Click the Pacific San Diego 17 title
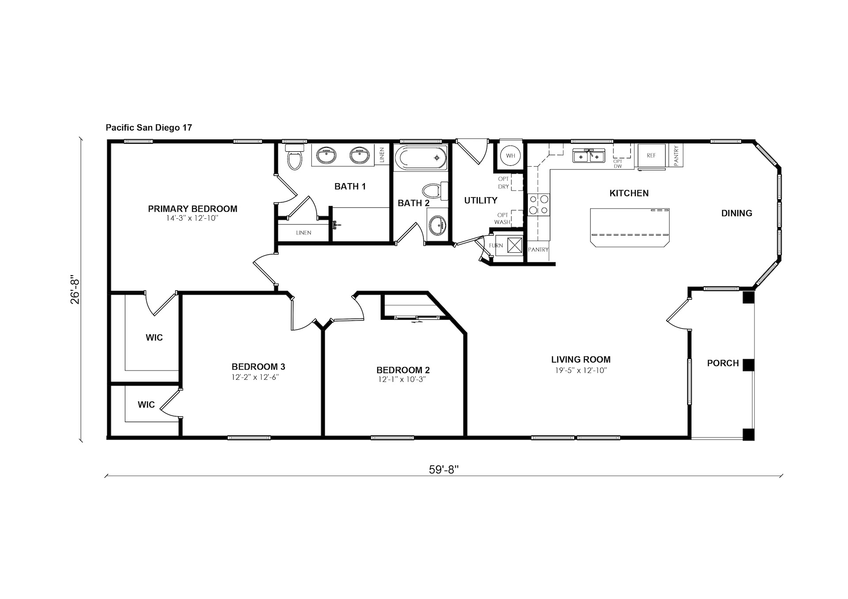[x=149, y=127]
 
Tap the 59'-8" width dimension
[x=444, y=469]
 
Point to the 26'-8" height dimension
[x=75, y=290]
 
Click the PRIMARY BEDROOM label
[x=193, y=209]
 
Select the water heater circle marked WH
[x=510, y=156]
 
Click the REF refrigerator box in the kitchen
[x=651, y=156]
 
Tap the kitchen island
[x=629, y=228]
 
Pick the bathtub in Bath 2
[x=420, y=157]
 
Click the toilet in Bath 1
[x=295, y=157]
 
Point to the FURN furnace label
[x=496, y=246]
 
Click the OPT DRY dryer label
[x=503, y=183]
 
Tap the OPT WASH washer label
[x=502, y=219]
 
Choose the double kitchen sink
[x=588, y=156]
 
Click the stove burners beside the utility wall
[x=539, y=205]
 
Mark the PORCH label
[x=723, y=363]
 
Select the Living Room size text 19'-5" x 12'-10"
[x=581, y=371]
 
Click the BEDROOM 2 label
[x=403, y=370]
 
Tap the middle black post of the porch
[x=748, y=365]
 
